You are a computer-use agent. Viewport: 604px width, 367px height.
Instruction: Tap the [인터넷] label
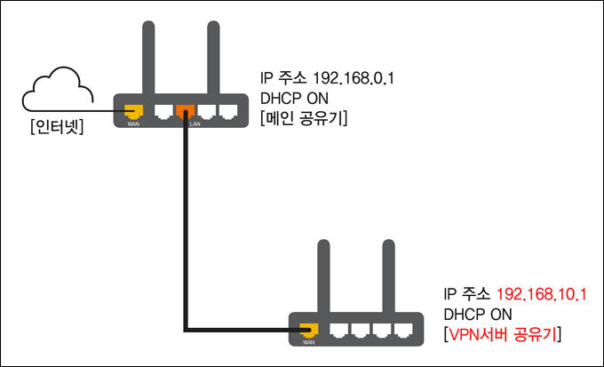(x=56, y=127)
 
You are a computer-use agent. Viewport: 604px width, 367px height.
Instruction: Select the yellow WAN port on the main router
(x=133, y=112)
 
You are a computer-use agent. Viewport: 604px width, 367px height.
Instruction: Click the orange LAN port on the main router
(x=186, y=112)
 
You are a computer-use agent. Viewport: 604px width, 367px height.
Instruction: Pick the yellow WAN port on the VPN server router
(x=309, y=331)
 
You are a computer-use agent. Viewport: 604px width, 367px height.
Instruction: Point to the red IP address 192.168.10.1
(x=542, y=295)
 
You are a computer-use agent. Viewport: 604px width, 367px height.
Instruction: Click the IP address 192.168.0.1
(x=354, y=78)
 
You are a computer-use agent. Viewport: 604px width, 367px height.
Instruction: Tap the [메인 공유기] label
(x=304, y=118)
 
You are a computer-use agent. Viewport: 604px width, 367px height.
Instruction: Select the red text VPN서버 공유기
(x=503, y=334)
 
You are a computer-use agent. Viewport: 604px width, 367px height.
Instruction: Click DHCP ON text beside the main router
(x=294, y=99)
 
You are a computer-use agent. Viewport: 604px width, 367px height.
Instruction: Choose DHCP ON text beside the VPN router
(x=478, y=315)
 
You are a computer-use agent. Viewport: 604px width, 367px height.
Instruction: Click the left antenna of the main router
(x=148, y=58)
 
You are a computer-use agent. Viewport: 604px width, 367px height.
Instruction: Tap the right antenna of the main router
(x=213, y=58)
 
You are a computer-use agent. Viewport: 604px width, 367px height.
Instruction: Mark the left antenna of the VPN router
(x=324, y=276)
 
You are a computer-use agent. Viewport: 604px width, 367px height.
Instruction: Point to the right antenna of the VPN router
(x=389, y=276)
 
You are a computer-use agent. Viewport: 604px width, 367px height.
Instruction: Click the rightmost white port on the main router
(x=228, y=111)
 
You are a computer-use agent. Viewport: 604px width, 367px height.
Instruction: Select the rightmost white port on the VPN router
(x=403, y=331)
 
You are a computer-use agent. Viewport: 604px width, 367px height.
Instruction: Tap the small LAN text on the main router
(x=195, y=124)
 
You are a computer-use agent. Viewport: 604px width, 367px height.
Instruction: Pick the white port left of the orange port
(x=163, y=111)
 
